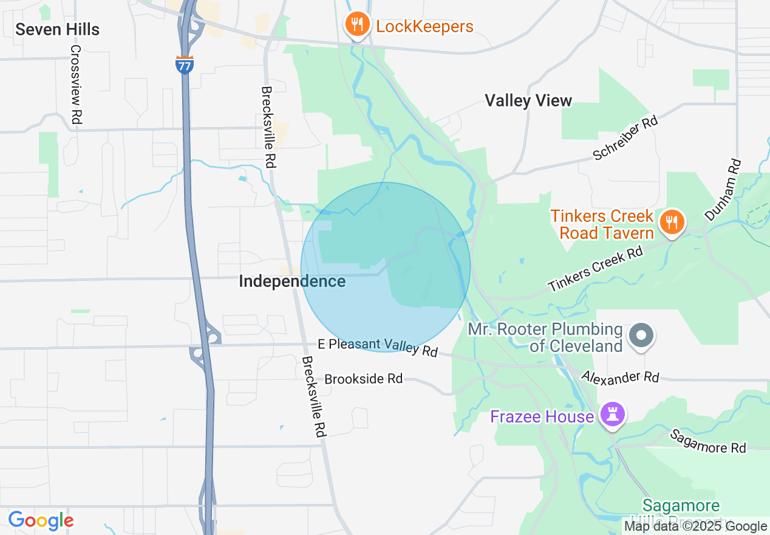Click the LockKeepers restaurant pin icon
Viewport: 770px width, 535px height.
357,26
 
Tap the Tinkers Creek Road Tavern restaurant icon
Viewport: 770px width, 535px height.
671,223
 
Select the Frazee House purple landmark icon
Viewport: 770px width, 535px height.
612,416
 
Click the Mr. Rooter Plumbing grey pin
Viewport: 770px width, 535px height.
640,336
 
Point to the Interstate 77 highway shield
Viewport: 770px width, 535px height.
185,64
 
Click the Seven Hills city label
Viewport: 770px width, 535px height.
58,29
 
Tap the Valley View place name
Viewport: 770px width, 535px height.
528,101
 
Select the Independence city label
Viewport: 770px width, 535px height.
292,281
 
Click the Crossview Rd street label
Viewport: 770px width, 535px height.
76,85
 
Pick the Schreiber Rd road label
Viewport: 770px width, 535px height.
625,138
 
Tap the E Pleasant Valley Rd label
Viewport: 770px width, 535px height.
377,348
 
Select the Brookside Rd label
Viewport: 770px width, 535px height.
363,379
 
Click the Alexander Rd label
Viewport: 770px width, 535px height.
619,377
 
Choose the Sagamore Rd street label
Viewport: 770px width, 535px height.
707,441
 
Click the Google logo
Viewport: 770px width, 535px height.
41,520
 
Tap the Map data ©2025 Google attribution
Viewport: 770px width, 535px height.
695,526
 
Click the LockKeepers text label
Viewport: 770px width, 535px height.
424,27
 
